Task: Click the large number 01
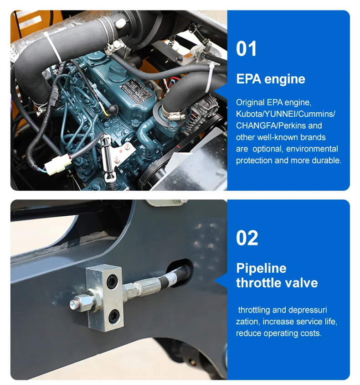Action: pyautogui.click(x=246, y=49)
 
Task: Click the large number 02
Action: pyautogui.click(x=247, y=238)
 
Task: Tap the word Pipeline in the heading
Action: pyautogui.click(x=261, y=268)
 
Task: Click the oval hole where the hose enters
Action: pyautogui.click(x=181, y=273)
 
